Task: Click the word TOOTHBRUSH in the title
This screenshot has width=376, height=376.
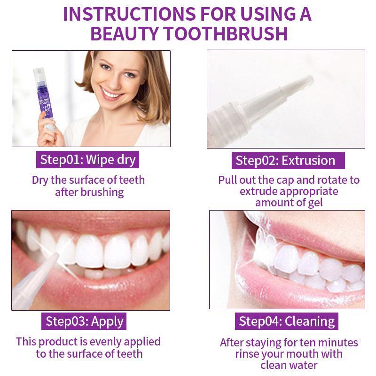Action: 226,33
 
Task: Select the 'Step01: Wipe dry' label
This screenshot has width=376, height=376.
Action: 87,159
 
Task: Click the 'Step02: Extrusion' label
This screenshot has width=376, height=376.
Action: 288,160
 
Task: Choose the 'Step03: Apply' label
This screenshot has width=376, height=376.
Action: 84,321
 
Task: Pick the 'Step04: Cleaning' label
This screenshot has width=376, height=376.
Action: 287,321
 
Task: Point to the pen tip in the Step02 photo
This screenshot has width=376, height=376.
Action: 307,81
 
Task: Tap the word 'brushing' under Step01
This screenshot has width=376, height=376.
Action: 102,193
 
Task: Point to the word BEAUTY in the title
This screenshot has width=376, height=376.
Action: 125,33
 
